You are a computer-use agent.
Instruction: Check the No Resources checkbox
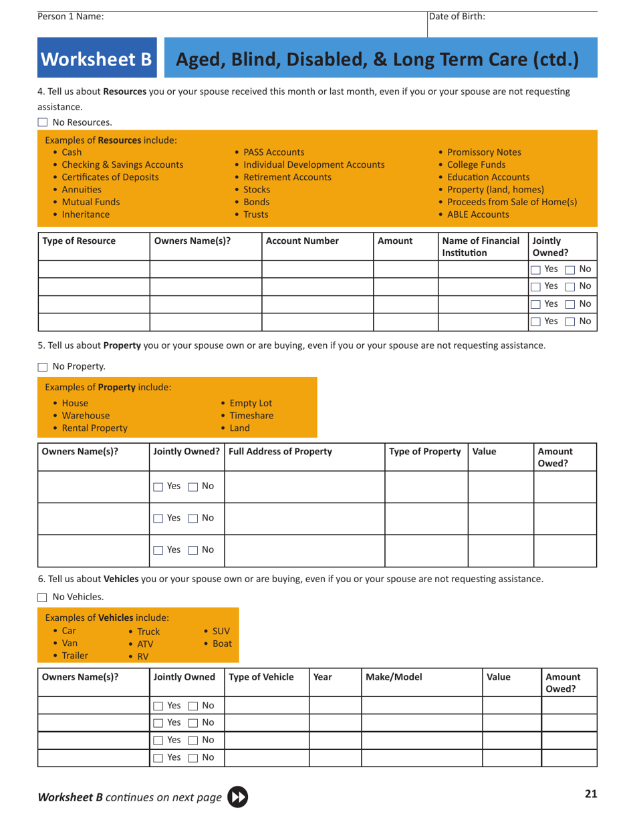[x=43, y=122]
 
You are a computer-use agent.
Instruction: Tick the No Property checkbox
[x=43, y=366]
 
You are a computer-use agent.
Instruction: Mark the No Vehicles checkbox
[x=43, y=597]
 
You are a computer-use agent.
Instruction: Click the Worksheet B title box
[x=97, y=59]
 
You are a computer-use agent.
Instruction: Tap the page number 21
[x=590, y=794]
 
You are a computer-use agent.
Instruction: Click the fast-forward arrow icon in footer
[x=237, y=797]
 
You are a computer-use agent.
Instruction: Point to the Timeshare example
[x=251, y=416]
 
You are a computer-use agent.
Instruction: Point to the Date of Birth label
[x=457, y=17]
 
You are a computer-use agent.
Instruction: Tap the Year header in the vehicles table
[x=323, y=676]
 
